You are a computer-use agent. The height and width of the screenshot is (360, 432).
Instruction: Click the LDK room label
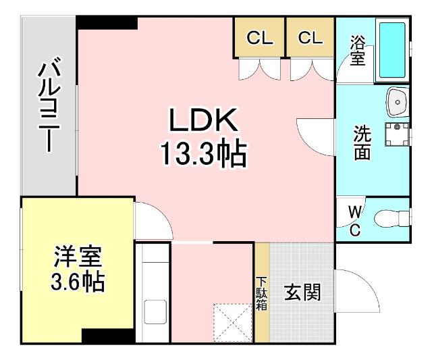coord(202,122)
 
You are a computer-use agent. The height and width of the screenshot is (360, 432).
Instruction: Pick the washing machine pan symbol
coord(398,134)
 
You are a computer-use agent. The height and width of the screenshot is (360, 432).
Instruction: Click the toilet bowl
coord(391,218)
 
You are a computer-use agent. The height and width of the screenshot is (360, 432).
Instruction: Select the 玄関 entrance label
coord(302,293)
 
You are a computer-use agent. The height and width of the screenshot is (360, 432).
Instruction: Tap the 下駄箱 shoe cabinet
coord(261,294)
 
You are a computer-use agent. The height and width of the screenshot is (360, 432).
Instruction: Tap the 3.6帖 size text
coord(78,282)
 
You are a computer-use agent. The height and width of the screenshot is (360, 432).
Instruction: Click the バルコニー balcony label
coord(47,108)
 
